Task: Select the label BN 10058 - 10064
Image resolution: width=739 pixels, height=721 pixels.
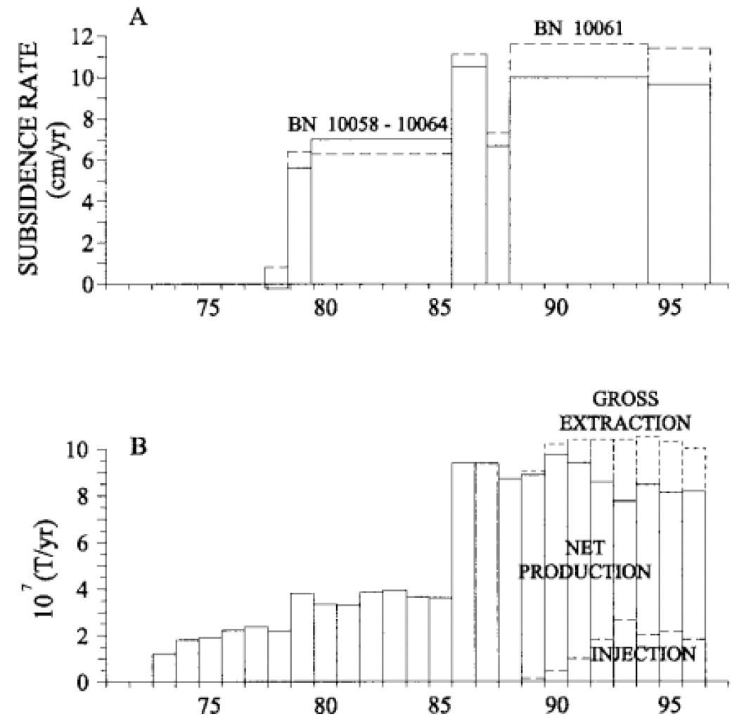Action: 369,125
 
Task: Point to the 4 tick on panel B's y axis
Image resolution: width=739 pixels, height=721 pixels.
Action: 87,589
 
